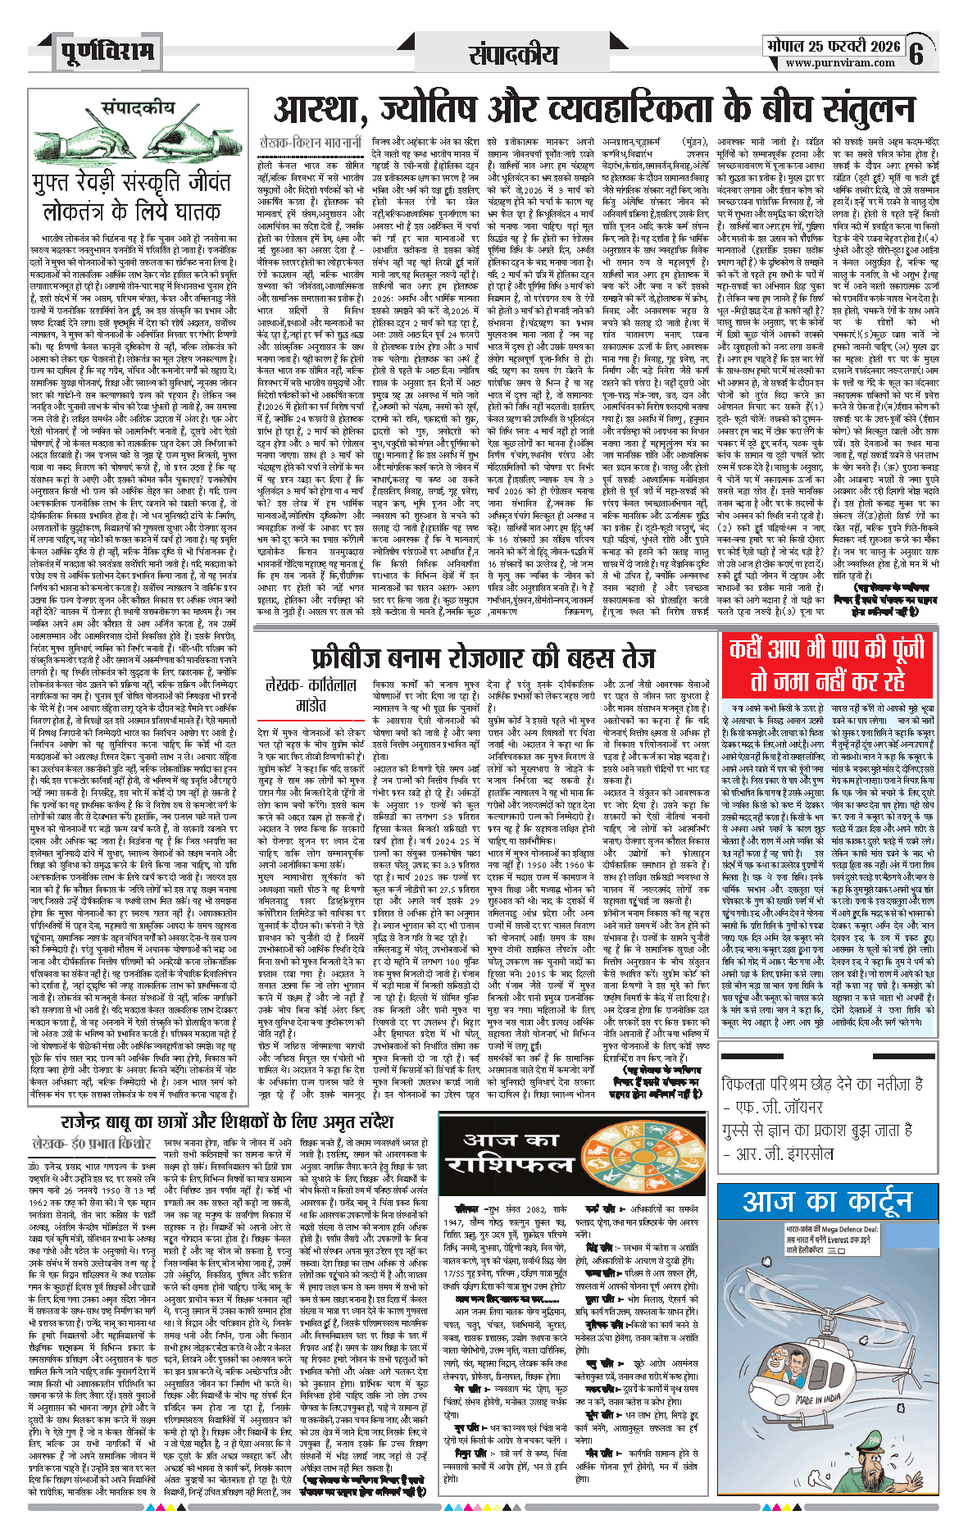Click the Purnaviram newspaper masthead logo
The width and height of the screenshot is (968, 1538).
point(107,52)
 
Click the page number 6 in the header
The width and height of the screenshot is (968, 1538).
point(916,55)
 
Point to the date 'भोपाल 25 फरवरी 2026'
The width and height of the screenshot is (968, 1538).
point(832,46)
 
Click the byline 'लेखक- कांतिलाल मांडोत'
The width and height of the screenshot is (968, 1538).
point(311,694)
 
